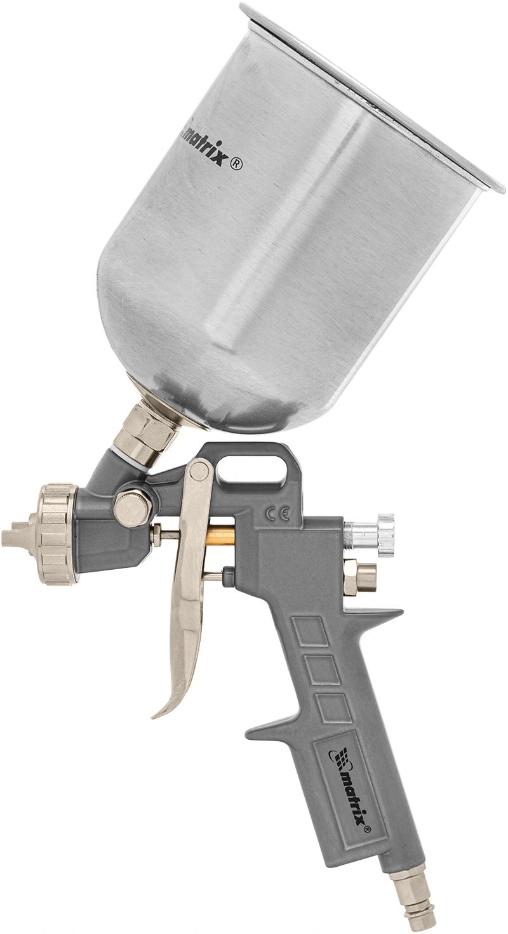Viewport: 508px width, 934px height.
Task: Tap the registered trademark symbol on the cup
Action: pos(237,165)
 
